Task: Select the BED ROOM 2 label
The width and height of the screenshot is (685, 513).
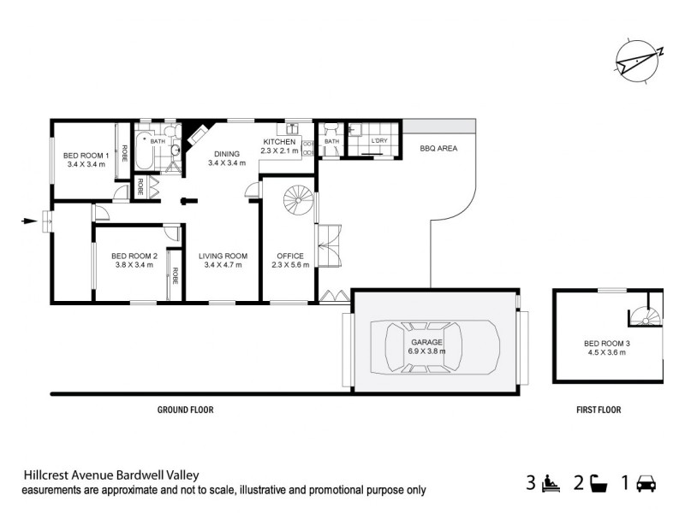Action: (134, 260)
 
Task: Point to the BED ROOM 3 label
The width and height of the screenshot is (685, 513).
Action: (607, 348)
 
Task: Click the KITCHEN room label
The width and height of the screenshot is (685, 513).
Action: (279, 146)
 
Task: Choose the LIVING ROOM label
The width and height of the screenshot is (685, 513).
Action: (223, 260)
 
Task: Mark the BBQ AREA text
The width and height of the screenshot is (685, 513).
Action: (438, 148)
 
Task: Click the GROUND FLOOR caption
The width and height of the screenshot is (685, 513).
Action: (185, 410)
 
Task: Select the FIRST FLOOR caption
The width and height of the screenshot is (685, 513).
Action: (599, 410)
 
